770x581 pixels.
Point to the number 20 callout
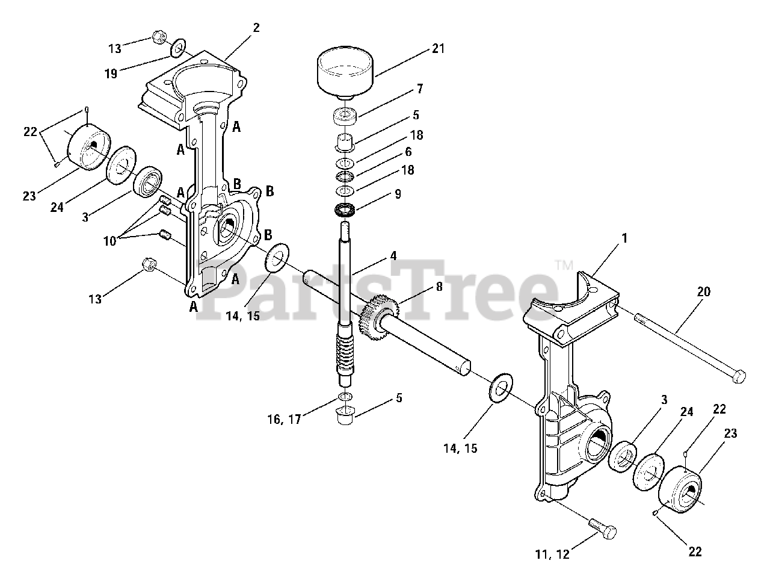tap(704, 292)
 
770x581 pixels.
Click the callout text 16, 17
tap(282, 420)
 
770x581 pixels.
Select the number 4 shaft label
tap(393, 256)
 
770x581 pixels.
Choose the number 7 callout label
tap(419, 89)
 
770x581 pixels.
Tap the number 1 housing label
tap(624, 238)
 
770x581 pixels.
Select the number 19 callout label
tap(110, 73)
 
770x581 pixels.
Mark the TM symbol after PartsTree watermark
tap(562, 264)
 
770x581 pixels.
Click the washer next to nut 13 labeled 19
tap(178, 48)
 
